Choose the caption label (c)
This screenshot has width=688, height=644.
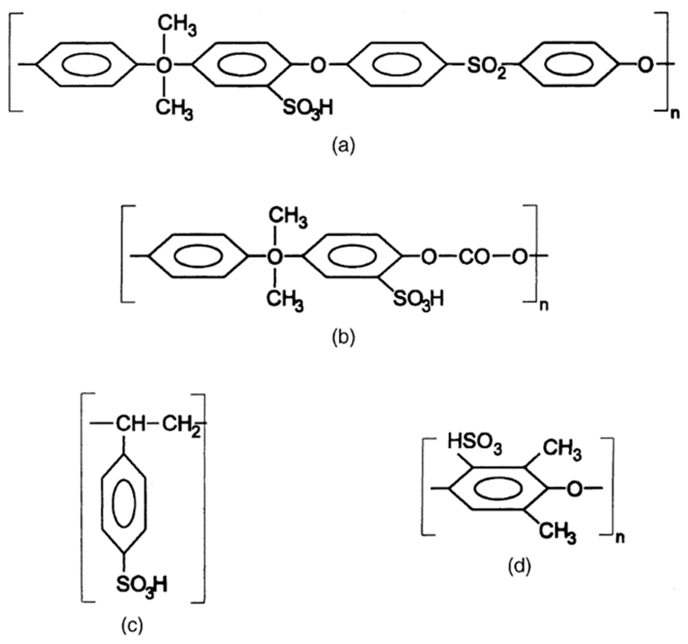[x=132, y=625]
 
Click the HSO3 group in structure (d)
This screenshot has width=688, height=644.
[x=474, y=444]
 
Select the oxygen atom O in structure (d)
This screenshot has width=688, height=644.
[x=574, y=489]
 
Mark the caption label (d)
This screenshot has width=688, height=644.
[x=519, y=567]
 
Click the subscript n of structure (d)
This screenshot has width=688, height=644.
[x=620, y=538]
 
